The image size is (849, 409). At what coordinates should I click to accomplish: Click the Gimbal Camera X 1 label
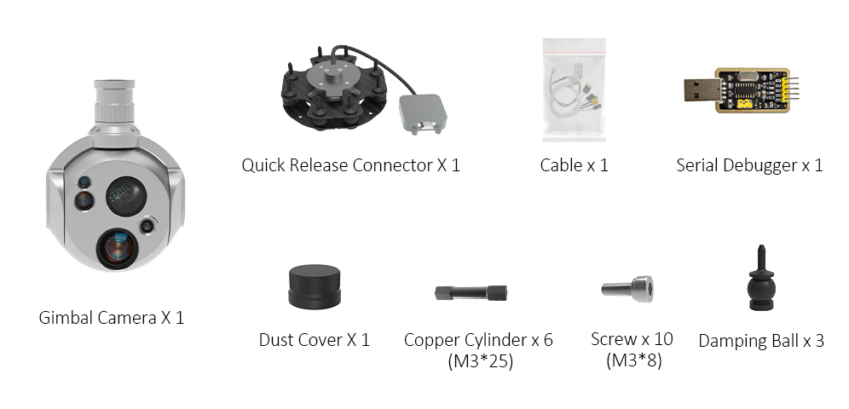tap(112, 318)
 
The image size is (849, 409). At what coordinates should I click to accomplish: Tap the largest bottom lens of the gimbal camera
tap(113, 248)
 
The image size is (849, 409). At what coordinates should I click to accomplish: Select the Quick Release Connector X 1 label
tap(350, 164)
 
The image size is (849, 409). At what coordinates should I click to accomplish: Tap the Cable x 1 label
tap(574, 164)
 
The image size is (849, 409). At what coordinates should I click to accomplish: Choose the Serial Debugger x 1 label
tap(749, 164)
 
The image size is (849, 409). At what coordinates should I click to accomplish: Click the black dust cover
tap(314, 286)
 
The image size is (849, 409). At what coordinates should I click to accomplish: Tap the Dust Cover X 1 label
tap(314, 340)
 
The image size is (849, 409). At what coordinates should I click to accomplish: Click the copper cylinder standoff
tap(471, 292)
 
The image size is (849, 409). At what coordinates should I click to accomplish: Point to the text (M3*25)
tap(480, 361)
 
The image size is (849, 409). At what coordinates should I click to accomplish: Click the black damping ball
tap(760, 286)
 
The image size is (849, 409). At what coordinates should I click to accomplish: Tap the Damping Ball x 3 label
tap(760, 341)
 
